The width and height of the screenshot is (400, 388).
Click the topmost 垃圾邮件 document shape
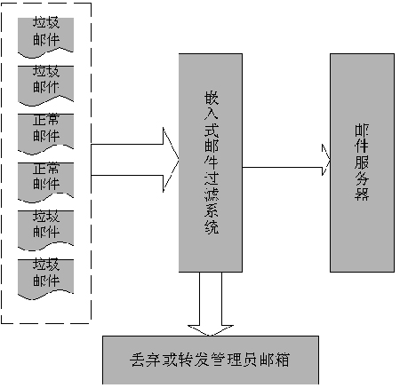(45, 37)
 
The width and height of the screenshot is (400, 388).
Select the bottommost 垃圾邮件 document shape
(45, 279)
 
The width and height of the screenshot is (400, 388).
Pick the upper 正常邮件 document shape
(45, 134)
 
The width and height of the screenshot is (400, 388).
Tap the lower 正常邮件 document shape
(45, 182)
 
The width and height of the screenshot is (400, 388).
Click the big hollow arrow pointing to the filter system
(135, 160)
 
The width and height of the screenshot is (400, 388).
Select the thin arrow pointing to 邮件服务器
(286, 167)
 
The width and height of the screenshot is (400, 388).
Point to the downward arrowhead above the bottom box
(211, 330)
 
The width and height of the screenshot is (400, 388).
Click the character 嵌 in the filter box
(212, 98)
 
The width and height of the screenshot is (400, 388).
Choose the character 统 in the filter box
(212, 226)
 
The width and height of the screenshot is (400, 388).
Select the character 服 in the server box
(362, 162)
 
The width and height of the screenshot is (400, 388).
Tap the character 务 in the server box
(362, 178)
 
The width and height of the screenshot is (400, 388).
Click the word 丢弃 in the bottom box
(146, 360)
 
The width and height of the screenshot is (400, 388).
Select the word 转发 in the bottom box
(194, 360)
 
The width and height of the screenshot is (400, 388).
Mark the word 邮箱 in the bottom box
(274, 360)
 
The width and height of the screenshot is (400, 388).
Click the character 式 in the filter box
(212, 130)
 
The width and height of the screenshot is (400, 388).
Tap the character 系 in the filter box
(212, 210)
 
